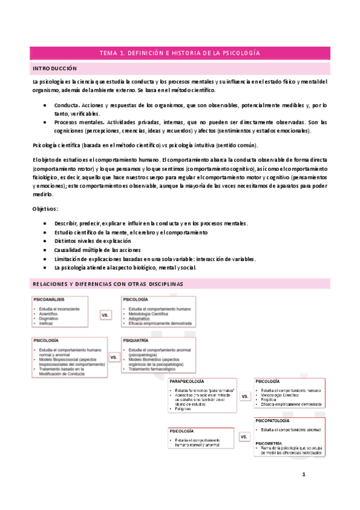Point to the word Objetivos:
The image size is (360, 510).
click(46, 208)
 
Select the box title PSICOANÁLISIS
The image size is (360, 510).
click(50, 299)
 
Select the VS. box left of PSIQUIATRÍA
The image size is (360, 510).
click(114, 357)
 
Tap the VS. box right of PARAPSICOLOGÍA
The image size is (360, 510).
click(245, 397)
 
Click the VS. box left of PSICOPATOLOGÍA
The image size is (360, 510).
click(244, 437)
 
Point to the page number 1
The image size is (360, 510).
click(304, 475)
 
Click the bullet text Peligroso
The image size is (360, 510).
click(185, 408)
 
